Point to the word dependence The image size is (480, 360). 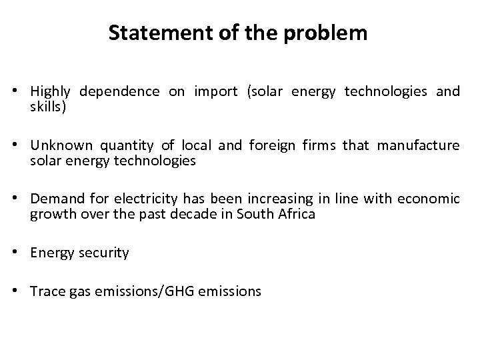coord(119,92)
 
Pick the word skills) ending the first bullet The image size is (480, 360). coord(48,107)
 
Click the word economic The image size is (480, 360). coord(428,199)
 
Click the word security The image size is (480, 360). coord(103,253)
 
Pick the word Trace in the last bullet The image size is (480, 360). coord(45,291)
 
